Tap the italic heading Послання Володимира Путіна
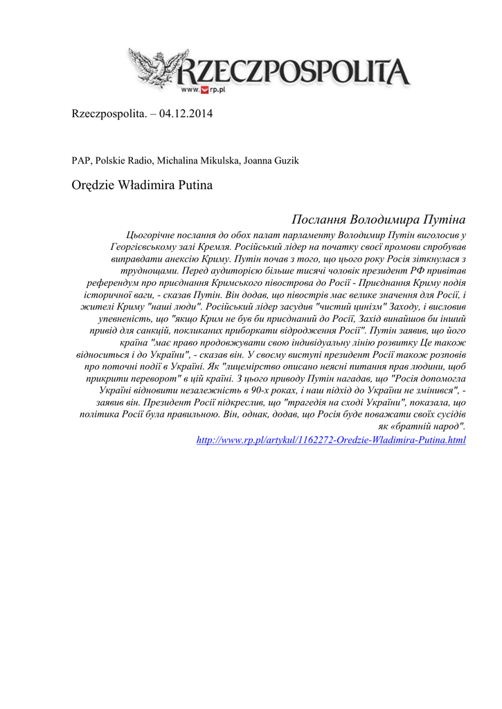(x=379, y=219)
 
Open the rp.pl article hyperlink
(x=331, y=440)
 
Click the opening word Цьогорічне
(x=151, y=235)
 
